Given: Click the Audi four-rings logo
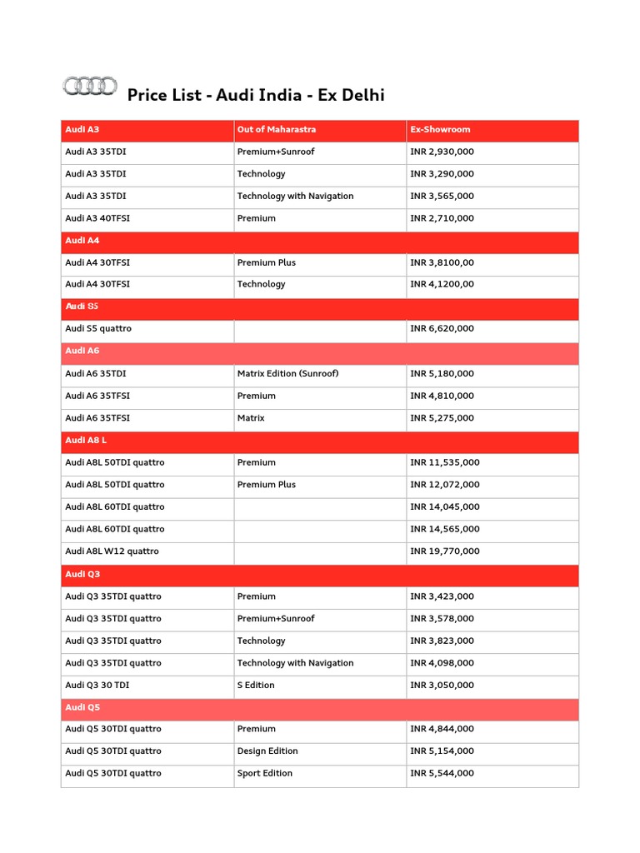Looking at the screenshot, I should pyautogui.click(x=89, y=86).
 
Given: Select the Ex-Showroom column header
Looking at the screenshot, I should pyautogui.click(x=440, y=130).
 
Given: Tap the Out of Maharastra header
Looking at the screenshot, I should pyautogui.click(x=277, y=130).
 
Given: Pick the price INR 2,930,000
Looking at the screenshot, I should pyautogui.click(x=442, y=152).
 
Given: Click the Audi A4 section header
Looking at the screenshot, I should pyautogui.click(x=82, y=241).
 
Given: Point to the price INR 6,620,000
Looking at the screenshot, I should pyautogui.click(x=442, y=329).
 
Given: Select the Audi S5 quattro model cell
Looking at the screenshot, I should pyautogui.click(x=98, y=329).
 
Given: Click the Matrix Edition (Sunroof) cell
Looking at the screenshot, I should pyautogui.click(x=287, y=374).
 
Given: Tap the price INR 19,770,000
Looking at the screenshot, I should pyautogui.click(x=445, y=551).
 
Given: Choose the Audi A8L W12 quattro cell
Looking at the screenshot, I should pyautogui.click(x=112, y=551).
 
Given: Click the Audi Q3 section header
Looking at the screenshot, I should pyautogui.click(x=82, y=575).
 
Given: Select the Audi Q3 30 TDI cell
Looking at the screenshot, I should pyautogui.click(x=97, y=686).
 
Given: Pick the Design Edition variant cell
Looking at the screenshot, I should pyautogui.click(x=267, y=751).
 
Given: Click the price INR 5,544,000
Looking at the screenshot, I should pyautogui.click(x=442, y=774).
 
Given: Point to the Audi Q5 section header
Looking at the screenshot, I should pyautogui.click(x=82, y=707).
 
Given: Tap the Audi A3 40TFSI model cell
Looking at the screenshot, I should pyautogui.click(x=97, y=218).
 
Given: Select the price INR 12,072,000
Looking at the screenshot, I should pyautogui.click(x=445, y=485).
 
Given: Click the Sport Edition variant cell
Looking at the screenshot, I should pyautogui.click(x=265, y=774).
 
